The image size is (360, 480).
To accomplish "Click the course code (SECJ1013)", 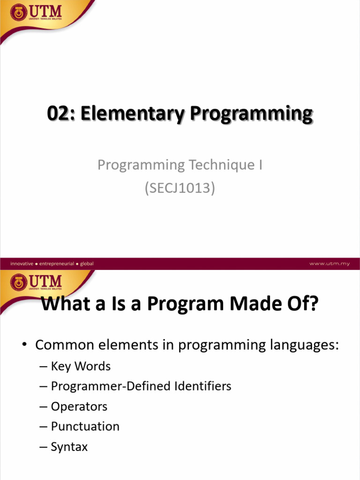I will point(180,189).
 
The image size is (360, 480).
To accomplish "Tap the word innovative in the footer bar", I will point(22,264).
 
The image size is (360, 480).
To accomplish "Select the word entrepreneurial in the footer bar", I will point(57,264).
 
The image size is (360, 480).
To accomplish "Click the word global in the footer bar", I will point(87,264).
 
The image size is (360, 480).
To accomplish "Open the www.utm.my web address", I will point(329,264).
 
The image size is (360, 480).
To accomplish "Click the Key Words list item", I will point(81,366).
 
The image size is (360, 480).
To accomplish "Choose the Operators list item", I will point(79,406).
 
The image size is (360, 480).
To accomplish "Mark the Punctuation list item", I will point(85,427).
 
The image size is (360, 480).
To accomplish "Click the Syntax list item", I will point(69,447).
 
